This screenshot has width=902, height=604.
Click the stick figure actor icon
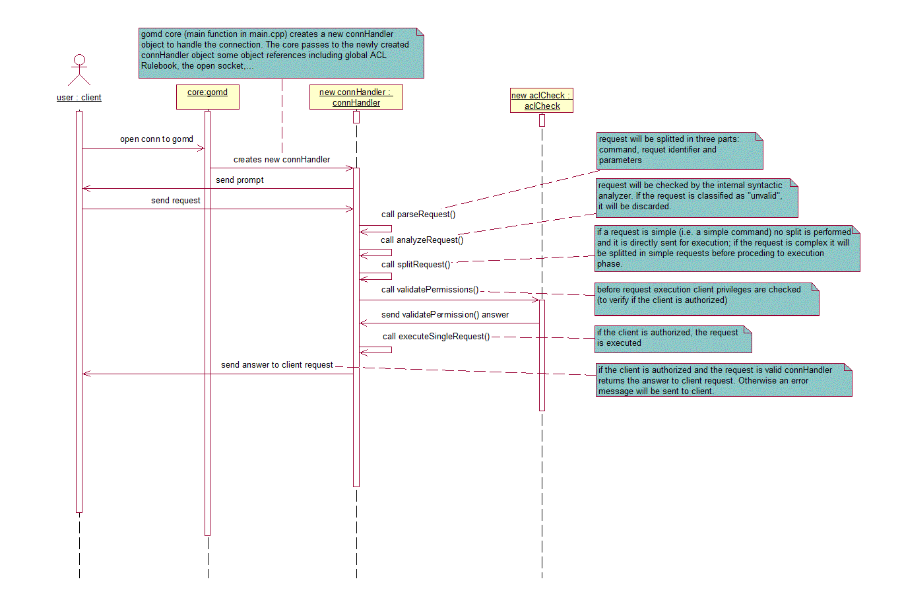79,70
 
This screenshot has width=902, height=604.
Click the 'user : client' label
79,98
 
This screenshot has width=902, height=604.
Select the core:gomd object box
207,96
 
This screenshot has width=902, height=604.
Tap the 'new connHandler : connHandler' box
356,97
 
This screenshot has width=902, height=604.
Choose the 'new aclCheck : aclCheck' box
542,100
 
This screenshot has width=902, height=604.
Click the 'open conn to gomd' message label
156,139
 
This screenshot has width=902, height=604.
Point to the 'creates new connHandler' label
282,160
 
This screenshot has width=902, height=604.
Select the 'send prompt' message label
240,180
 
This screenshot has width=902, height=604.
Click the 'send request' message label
176,201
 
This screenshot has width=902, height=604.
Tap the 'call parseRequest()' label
418,215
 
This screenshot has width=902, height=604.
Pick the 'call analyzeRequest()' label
422,240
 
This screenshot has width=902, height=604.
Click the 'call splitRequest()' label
416,265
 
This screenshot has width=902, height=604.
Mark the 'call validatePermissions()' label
430,290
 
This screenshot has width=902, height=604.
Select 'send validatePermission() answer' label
445,315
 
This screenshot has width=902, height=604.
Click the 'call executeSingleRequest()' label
436,337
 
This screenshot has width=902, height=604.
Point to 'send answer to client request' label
277,365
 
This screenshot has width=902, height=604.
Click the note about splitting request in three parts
680,150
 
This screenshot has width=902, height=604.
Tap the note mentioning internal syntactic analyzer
697,197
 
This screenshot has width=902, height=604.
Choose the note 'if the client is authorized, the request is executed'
673,338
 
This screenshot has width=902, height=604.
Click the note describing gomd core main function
281,52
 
